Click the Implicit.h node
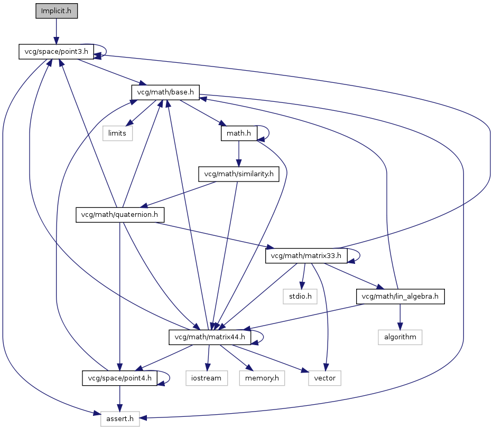click(x=57, y=11)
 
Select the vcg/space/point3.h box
click(x=57, y=52)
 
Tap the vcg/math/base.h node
click(x=165, y=92)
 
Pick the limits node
click(x=117, y=133)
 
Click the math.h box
click(x=239, y=133)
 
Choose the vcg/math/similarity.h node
click(x=239, y=174)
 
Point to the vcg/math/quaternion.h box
click(x=120, y=215)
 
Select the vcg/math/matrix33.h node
click(x=306, y=255)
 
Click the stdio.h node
click(x=300, y=297)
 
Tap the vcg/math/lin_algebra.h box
click(x=400, y=297)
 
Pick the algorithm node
click(x=400, y=337)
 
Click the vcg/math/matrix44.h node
click(x=210, y=337)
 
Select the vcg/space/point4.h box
click(x=120, y=378)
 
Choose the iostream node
click(x=207, y=378)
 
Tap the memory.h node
click(x=262, y=378)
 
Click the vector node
click(x=325, y=378)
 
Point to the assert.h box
click(x=120, y=419)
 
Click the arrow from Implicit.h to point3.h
click(x=57, y=32)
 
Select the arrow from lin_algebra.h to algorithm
click(x=400, y=317)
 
